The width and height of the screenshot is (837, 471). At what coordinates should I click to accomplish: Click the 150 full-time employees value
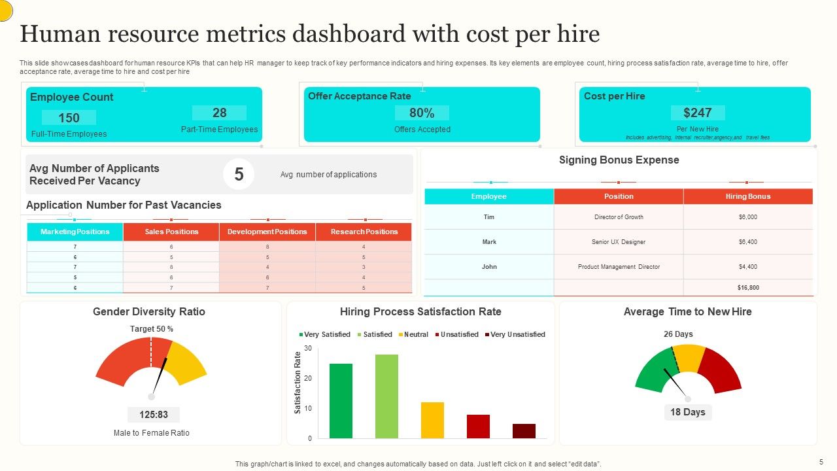(x=69, y=118)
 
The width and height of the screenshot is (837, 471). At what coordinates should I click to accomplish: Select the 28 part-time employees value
(x=219, y=113)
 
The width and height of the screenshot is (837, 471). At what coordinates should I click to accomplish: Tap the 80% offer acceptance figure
(x=422, y=113)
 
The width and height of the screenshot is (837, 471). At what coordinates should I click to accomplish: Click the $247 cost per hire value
(x=697, y=113)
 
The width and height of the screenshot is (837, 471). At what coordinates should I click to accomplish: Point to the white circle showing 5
(x=239, y=175)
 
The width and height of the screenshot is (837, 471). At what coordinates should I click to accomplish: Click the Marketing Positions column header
(x=75, y=232)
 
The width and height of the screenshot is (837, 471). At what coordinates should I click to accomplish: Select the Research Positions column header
(x=364, y=232)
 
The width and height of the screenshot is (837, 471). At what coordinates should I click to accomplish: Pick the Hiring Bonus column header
(x=747, y=196)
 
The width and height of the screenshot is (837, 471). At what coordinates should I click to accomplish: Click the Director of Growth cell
(x=619, y=217)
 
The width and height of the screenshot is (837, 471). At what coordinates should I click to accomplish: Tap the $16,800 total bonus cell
(x=747, y=288)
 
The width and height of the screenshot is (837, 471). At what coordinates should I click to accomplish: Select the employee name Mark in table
(x=489, y=242)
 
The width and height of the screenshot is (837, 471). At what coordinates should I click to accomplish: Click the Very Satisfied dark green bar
(x=341, y=401)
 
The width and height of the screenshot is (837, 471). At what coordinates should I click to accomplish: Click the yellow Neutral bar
(x=432, y=420)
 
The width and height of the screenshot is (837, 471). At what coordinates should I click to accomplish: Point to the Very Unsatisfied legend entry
(x=515, y=334)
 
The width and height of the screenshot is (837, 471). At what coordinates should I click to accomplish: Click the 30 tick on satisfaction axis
(x=307, y=348)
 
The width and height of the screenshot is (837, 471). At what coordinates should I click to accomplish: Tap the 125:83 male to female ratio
(x=154, y=415)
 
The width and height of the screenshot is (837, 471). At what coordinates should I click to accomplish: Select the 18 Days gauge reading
(x=688, y=412)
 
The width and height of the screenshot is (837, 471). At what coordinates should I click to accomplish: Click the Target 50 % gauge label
(x=152, y=329)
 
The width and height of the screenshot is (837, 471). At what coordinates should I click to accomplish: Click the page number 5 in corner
(x=821, y=461)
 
